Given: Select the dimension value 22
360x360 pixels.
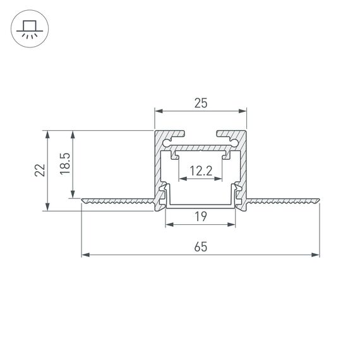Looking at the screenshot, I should pos(39,170).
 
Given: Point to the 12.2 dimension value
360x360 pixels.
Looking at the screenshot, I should pos(200,171).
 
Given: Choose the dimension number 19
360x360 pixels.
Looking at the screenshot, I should pos(200,217).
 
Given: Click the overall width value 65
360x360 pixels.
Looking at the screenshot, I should pos(200,248).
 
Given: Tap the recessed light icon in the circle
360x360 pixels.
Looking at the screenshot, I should pos(29,29).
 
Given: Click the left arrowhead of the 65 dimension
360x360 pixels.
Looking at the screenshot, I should pos(85,255).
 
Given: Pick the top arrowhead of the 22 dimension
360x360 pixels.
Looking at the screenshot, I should pos(46,133).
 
